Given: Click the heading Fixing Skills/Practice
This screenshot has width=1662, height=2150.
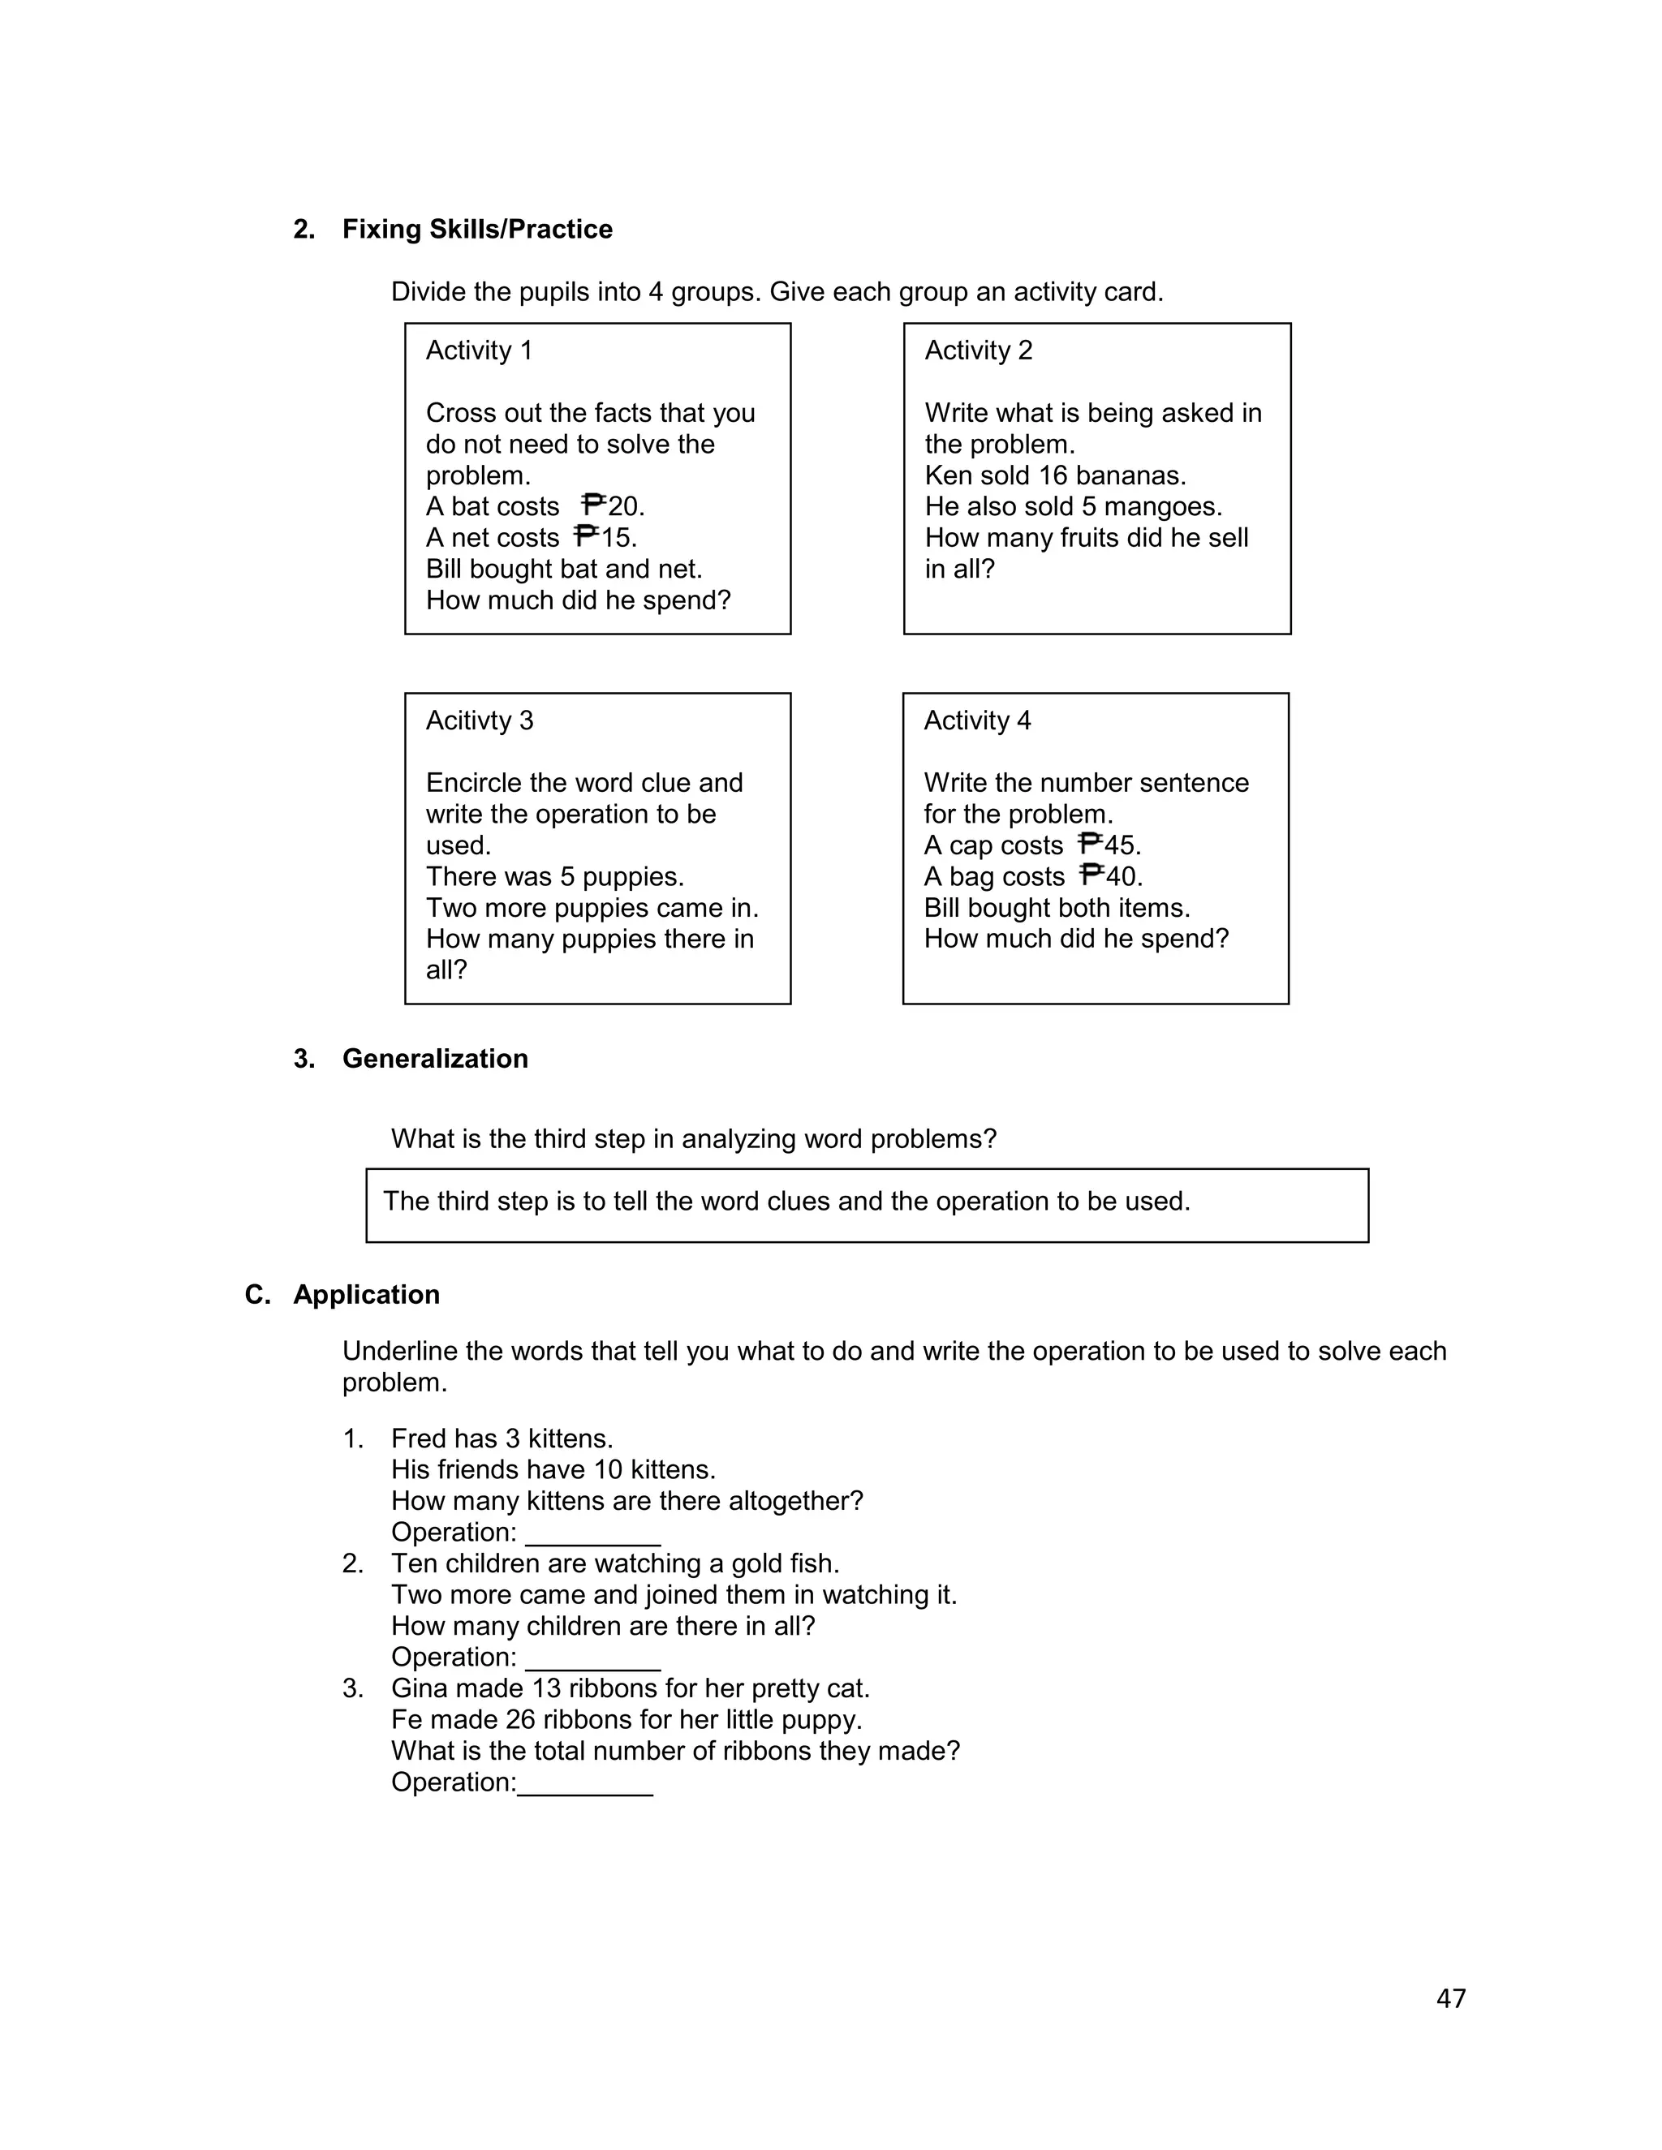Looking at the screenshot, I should pos(476,230).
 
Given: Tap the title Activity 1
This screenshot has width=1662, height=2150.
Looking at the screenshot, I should pos(479,350).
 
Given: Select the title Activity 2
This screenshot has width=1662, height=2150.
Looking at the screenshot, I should pos(978,350).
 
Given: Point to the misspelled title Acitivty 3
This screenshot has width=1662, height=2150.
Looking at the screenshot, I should pos(479,720).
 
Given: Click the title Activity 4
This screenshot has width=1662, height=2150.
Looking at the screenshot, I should pos(977,720).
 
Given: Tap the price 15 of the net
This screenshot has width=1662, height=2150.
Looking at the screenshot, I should pos(618,537).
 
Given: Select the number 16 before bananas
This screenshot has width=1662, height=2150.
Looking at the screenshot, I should pos(1053,475).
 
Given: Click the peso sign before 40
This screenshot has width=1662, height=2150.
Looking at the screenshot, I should pos(1091,876).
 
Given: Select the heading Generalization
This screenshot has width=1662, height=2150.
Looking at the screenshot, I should pos(434,1060).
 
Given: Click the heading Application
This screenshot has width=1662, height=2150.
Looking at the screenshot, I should pos(365,1295).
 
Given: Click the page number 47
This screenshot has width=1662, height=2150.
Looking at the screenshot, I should pos(1450,1998).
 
